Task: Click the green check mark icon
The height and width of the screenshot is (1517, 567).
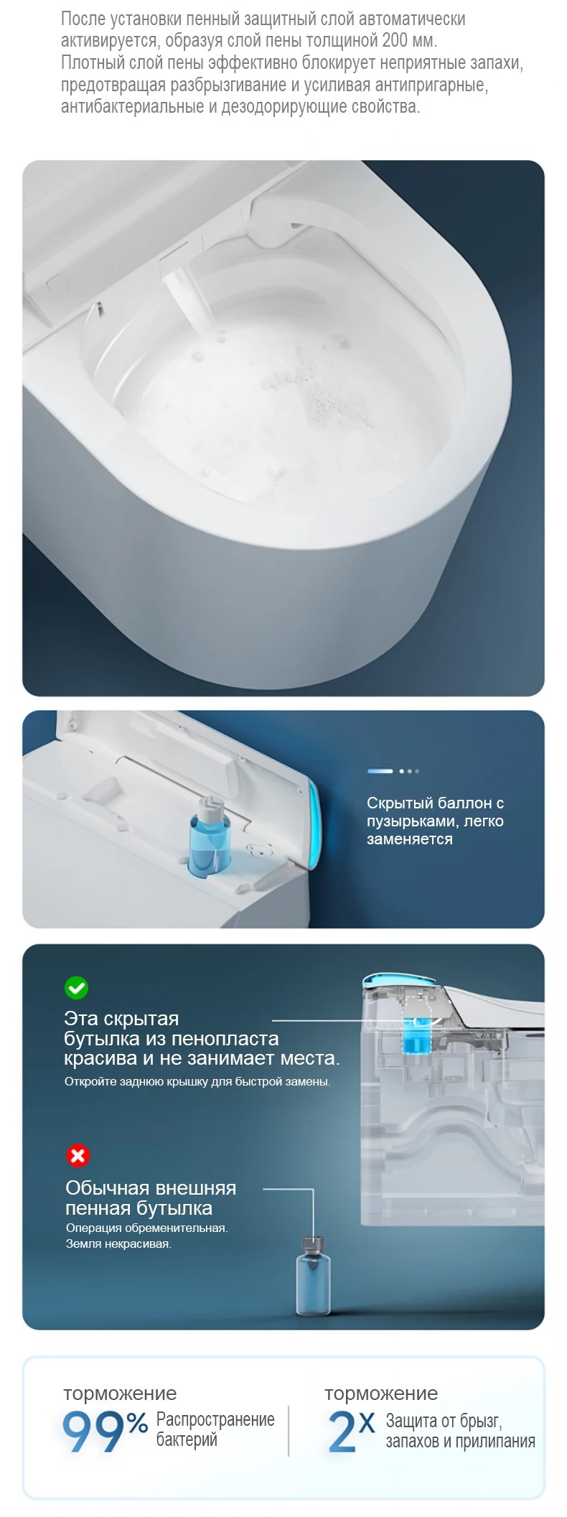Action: [x=76, y=987]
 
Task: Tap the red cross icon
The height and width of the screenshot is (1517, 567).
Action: [x=78, y=1155]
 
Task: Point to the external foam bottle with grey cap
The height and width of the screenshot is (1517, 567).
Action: [x=314, y=1274]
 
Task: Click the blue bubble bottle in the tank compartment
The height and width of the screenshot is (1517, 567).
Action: [x=209, y=836]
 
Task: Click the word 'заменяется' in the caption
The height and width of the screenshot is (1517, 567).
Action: [x=410, y=839]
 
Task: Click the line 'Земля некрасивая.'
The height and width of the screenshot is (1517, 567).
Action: [x=118, y=1244]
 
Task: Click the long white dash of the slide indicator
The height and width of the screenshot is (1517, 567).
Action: [x=380, y=771]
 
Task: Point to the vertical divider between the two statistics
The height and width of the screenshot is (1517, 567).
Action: [x=289, y=1431]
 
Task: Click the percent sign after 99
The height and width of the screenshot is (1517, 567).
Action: [x=138, y=1422]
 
